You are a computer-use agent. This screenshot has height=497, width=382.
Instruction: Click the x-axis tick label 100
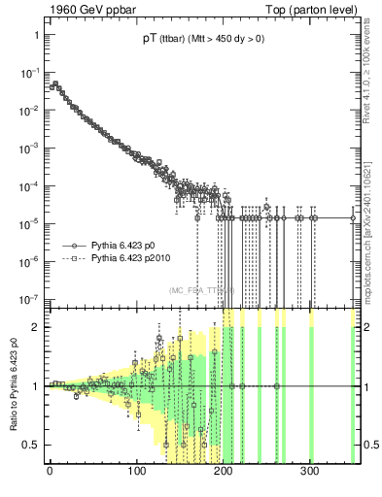(x=136, y=477)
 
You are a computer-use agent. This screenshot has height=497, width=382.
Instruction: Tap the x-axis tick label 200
(x=223, y=477)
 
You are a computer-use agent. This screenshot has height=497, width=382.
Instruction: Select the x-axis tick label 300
(x=309, y=477)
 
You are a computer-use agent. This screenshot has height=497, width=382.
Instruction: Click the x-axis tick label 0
(x=50, y=477)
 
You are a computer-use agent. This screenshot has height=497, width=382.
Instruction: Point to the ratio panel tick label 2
(x=34, y=327)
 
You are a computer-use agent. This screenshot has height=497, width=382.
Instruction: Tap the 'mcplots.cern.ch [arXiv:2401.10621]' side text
(x=373, y=215)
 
